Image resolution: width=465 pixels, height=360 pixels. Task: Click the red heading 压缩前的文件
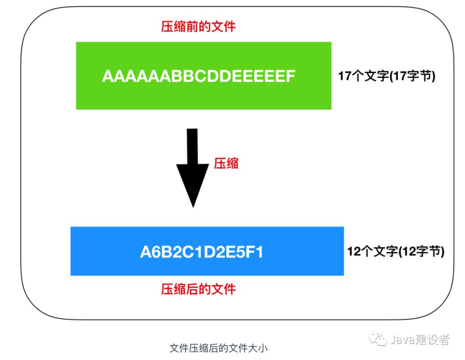coord(198,27)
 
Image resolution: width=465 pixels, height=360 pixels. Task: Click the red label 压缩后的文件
coord(198,289)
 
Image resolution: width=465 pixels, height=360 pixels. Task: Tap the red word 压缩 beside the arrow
coord(226,163)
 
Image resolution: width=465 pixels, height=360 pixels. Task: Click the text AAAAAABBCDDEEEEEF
coord(198,77)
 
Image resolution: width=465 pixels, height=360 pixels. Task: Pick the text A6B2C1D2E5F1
coord(201,252)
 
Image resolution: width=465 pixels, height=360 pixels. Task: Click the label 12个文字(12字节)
coord(396,252)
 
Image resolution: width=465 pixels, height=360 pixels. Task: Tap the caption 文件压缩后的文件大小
coord(219,348)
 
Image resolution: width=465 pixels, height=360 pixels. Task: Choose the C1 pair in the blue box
coord(192,252)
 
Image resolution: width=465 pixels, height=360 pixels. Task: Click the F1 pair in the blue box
coord(254,252)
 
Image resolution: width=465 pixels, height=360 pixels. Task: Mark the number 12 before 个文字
coord(354,252)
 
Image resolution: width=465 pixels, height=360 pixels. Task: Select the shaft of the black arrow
coord(192,146)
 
